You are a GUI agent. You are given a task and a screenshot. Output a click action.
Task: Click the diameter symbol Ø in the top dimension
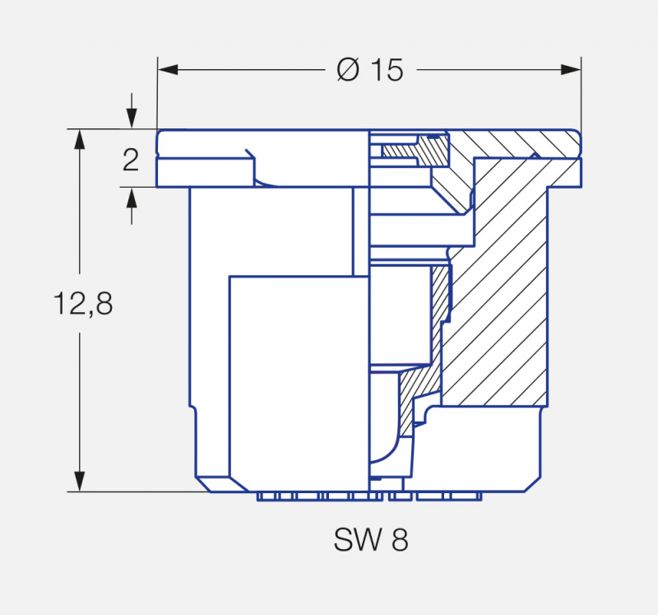[x=348, y=71]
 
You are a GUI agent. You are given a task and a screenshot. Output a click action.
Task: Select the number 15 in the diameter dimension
[x=385, y=71]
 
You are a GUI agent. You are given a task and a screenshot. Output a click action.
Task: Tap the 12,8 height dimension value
[x=83, y=304]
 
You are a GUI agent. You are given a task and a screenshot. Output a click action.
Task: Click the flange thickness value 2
[x=131, y=159]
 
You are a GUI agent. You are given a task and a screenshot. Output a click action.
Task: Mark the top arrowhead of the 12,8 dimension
[x=80, y=139]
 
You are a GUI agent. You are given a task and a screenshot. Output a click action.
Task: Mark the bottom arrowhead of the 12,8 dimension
[x=80, y=482]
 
